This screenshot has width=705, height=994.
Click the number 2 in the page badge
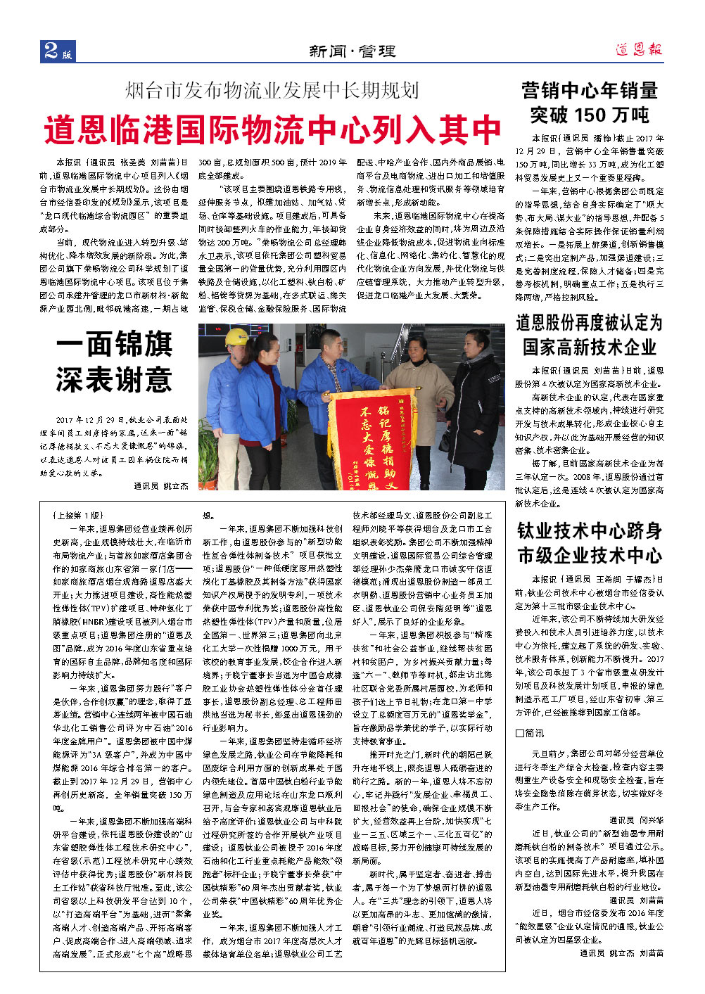point(51,50)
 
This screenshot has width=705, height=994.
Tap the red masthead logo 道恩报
point(638,49)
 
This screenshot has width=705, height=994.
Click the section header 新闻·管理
point(352,51)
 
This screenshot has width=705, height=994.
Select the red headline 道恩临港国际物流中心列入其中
point(272,130)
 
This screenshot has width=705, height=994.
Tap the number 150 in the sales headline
point(588,115)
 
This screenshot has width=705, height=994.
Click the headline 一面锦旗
point(115,345)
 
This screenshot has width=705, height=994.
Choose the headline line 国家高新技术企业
point(590,347)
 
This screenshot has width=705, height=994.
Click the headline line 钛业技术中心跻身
point(590,530)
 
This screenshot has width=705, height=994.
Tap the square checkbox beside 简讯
point(519,733)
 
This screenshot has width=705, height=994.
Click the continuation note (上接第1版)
point(77,515)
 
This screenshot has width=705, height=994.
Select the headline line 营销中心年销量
point(590,90)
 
